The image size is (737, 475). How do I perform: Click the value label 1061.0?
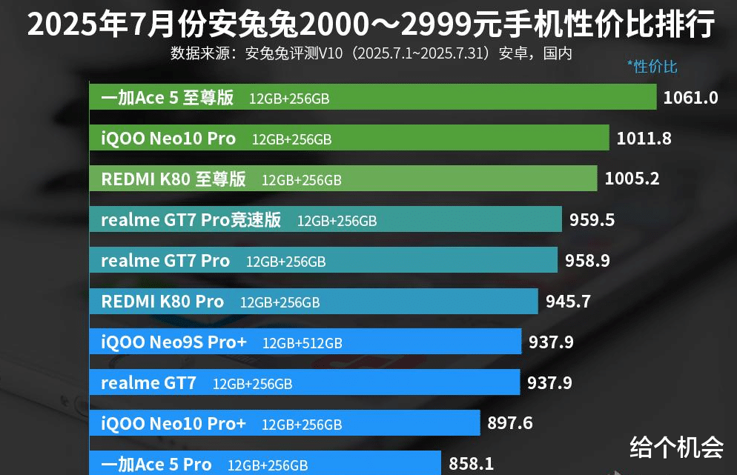click(690, 98)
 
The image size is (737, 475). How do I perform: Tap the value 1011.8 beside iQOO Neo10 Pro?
click(644, 139)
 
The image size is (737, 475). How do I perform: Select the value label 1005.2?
click(632, 179)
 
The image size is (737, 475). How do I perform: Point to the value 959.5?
click(592, 220)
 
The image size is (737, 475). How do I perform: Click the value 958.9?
click(587, 261)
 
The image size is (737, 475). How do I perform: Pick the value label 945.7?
click(568, 302)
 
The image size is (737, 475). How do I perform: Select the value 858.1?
click(471, 464)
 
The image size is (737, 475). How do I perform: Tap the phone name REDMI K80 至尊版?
click(173, 179)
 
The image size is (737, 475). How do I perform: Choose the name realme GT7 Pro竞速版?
click(191, 220)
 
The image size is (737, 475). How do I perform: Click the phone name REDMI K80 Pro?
click(162, 302)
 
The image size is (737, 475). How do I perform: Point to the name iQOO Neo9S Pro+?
click(173, 342)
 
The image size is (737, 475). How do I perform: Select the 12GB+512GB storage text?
click(302, 343)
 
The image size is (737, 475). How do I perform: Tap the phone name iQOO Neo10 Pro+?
click(173, 423)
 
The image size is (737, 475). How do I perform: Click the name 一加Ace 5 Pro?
click(156, 465)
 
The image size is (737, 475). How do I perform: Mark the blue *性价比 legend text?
click(652, 67)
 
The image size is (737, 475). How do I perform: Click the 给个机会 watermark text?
click(676, 446)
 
